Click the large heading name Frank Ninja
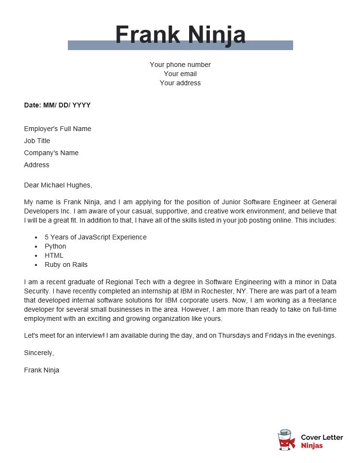pyautogui.click(x=180, y=35)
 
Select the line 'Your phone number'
pyautogui.click(x=180, y=65)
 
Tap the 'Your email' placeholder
pyautogui.click(x=180, y=74)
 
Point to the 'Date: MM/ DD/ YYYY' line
pyautogui.click(x=57, y=105)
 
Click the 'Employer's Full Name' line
pyautogui.click(x=57, y=129)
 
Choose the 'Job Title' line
pyautogui.click(x=37, y=141)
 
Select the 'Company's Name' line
pyautogui.click(x=51, y=153)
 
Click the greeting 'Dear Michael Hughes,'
pyautogui.click(x=58, y=185)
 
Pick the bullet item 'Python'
pyautogui.click(x=55, y=246)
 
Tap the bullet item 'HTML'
pyautogui.click(x=54, y=255)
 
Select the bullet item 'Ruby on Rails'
pyautogui.click(x=66, y=265)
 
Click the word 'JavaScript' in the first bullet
pyautogui.click(x=87, y=237)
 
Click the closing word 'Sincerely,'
pyautogui.click(x=39, y=353)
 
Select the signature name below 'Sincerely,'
pyautogui.click(x=41, y=370)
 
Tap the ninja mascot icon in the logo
pyautogui.click(x=286, y=440)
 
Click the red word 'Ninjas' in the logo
pyautogui.click(x=312, y=446)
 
